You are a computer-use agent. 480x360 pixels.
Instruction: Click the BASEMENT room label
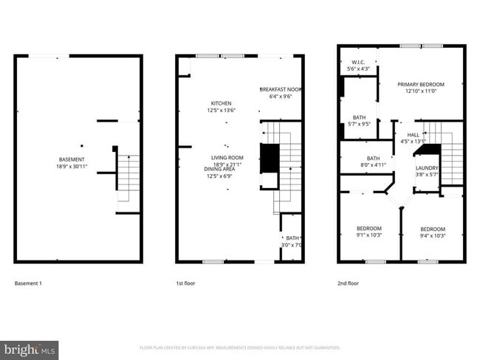pos(72,159)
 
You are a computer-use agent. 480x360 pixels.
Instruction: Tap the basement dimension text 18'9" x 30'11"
pos(72,167)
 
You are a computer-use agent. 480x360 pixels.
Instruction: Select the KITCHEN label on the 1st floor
pos(222,103)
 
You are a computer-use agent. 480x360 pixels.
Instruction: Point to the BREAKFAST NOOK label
pos(281,89)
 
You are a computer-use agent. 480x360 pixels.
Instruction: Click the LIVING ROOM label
pos(227,158)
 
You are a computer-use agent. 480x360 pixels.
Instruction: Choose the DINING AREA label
pos(221,169)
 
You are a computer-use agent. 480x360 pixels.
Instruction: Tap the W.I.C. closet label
pos(359,62)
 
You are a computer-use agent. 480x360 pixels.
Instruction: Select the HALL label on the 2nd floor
pos(413,135)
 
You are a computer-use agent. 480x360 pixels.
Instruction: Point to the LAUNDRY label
pos(427,168)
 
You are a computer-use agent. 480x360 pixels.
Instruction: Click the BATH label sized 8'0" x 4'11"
pos(374,158)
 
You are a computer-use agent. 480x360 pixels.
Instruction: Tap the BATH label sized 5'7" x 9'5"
pos(359,117)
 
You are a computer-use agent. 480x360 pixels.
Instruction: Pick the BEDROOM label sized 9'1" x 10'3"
pos(369,228)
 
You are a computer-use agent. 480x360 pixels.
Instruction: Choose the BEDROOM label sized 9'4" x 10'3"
pos(433,229)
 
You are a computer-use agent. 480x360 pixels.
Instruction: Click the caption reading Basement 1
pos(30,283)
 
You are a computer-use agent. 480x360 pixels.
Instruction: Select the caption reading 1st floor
pos(186,283)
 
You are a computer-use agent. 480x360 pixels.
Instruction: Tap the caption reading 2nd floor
pos(348,283)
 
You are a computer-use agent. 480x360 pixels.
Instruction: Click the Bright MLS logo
pos(30,349)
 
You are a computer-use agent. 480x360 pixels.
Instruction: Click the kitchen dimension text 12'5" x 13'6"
pos(222,111)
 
